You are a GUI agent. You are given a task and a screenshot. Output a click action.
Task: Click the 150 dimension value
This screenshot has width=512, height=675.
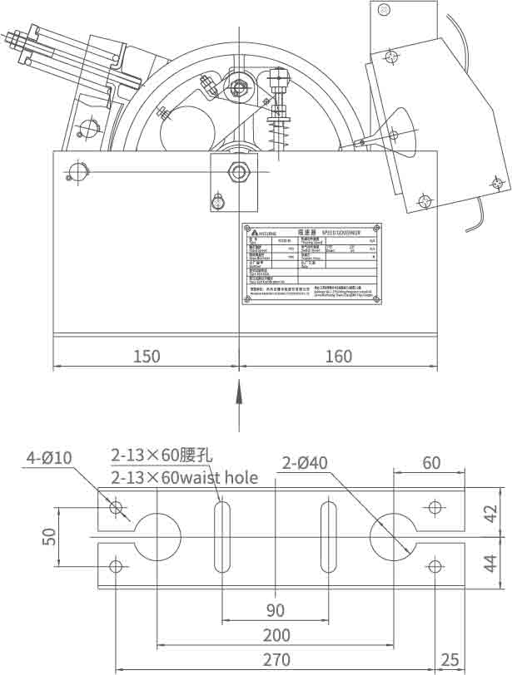(147, 357)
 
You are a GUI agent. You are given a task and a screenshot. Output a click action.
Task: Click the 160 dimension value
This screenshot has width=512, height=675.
(339, 357)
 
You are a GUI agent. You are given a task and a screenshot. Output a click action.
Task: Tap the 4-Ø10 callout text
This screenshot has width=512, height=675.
(50, 457)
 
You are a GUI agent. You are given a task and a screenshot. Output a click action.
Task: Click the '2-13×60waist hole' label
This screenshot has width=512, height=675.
(184, 478)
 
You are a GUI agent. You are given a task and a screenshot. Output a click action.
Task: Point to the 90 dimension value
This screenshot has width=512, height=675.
(275, 611)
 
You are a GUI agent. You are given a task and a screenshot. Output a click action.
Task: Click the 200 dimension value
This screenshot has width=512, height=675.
(276, 636)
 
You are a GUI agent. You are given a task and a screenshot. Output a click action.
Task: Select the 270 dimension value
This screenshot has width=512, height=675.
(276, 661)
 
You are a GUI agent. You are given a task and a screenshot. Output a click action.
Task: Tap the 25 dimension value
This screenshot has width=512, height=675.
(450, 661)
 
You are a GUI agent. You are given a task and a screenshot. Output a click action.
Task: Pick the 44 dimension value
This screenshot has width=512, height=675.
(491, 564)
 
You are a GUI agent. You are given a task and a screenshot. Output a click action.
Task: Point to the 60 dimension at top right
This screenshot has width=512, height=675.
(431, 463)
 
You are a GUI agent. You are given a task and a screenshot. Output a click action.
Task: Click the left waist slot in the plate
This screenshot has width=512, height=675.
(222, 536)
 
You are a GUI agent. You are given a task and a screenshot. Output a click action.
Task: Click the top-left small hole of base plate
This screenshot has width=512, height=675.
(116, 507)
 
